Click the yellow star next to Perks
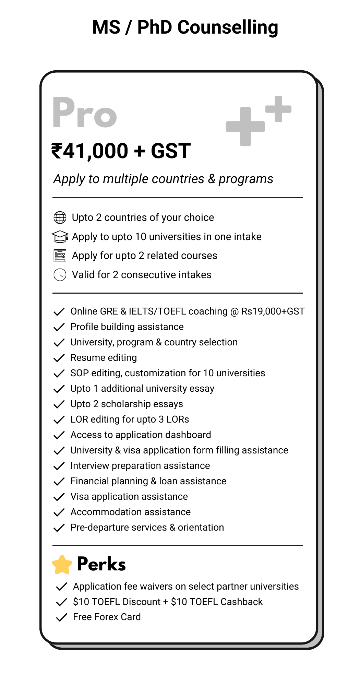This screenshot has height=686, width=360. click(62, 565)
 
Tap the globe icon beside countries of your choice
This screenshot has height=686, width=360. click(60, 217)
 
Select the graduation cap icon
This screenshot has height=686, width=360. click(60, 237)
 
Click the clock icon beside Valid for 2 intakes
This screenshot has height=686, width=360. click(60, 275)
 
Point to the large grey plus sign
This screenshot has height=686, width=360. click(245, 127)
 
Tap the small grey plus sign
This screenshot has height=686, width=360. click(278, 109)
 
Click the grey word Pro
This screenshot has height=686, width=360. click(85, 113)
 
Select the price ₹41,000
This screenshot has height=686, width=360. click(90, 151)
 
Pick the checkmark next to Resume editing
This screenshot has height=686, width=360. click(59, 358)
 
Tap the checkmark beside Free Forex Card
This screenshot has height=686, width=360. click(61, 617)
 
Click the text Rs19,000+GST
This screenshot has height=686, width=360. click(273, 311)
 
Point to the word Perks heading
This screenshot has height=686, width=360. click(101, 564)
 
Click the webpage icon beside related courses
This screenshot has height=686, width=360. click(60, 256)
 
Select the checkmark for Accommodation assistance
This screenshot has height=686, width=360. click(59, 512)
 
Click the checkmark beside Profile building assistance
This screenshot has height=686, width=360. click(59, 327)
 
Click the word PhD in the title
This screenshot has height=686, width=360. click(155, 27)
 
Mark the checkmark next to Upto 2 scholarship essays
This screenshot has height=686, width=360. click(59, 404)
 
